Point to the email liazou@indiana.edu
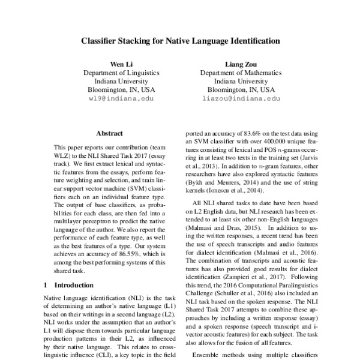[241, 97]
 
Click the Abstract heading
[109, 133]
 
